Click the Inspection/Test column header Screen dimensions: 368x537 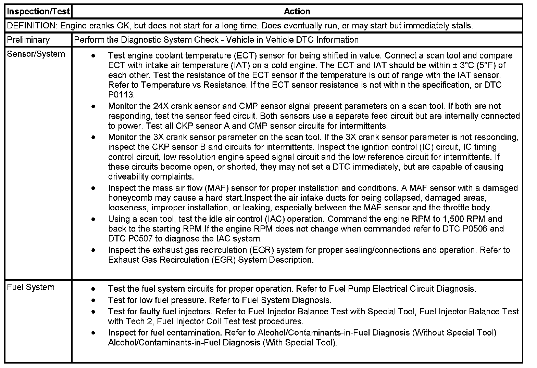coord(38,11)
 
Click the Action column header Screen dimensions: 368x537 coord(297,11)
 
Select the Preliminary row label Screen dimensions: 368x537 coord(28,40)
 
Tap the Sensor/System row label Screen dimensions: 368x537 coord(36,54)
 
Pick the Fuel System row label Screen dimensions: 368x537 coord(30,287)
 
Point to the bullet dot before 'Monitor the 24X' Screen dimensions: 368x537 coord(93,106)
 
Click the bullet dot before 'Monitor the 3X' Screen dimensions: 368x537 coord(93,137)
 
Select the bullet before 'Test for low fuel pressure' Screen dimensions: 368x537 coord(93,301)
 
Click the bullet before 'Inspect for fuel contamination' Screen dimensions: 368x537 coord(93,333)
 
